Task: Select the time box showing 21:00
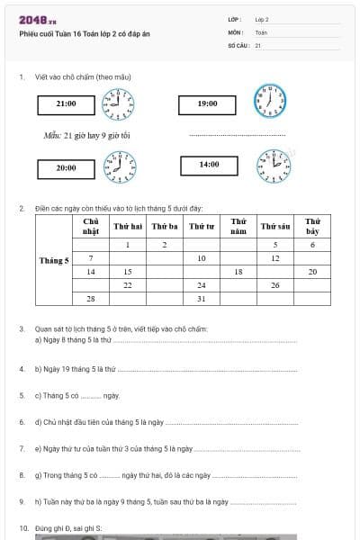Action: (66, 104)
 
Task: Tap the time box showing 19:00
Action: (207, 104)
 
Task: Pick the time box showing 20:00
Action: (66, 167)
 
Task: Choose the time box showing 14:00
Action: (209, 165)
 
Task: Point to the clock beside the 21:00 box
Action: (118, 104)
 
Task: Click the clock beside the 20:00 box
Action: (119, 167)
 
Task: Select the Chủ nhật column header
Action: (91, 226)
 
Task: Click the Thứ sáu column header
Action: (274, 226)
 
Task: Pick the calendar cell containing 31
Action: (202, 298)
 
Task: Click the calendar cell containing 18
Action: (238, 271)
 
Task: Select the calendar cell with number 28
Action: (91, 298)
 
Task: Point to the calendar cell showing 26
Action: (274, 284)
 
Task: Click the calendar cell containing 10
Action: (202, 257)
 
